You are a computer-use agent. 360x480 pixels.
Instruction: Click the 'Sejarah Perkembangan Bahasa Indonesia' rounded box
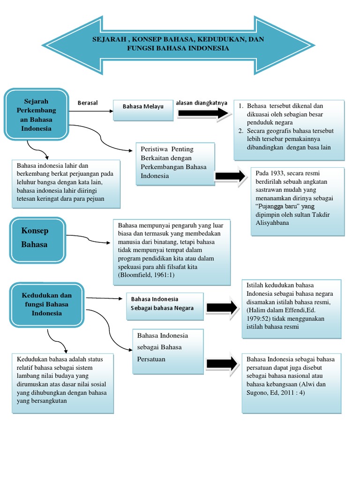tap(36, 114)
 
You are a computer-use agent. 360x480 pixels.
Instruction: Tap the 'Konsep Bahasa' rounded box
tap(36, 238)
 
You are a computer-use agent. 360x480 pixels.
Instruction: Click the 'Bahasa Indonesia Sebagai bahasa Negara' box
tap(165, 304)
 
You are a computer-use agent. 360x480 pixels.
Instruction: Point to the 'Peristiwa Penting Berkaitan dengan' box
tap(175, 162)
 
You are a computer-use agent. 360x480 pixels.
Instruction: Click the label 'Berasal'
tap(88, 103)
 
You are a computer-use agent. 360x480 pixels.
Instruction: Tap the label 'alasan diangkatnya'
tap(201, 103)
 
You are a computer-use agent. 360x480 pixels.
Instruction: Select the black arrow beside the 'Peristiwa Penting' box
tap(230, 176)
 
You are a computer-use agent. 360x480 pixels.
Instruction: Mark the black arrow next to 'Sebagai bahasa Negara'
tap(221, 307)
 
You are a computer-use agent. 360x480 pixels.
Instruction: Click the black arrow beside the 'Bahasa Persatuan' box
tap(221, 364)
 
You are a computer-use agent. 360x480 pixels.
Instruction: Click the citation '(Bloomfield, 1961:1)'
tap(147, 275)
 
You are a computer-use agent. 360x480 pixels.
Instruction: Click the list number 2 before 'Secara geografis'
tap(240, 131)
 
